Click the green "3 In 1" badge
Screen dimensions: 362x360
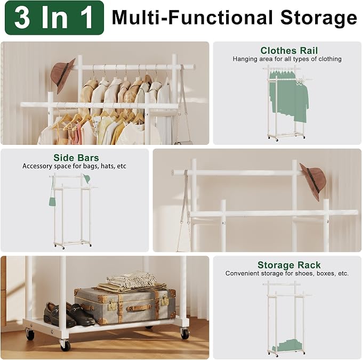point(54,18)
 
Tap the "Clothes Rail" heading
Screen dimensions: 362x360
point(289,50)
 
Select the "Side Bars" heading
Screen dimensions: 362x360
point(76,158)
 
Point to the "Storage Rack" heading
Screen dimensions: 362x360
point(289,265)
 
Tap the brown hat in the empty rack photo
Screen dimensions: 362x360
point(313,181)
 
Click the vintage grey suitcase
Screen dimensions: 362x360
point(125,306)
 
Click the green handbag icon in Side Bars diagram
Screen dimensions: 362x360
point(52,200)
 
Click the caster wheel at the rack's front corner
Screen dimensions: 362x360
point(65,345)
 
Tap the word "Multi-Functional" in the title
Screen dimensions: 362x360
point(192,18)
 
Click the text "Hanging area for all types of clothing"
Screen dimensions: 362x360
point(287,59)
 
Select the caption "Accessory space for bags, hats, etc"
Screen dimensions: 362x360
point(74,166)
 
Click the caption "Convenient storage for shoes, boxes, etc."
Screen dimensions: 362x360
point(287,273)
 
